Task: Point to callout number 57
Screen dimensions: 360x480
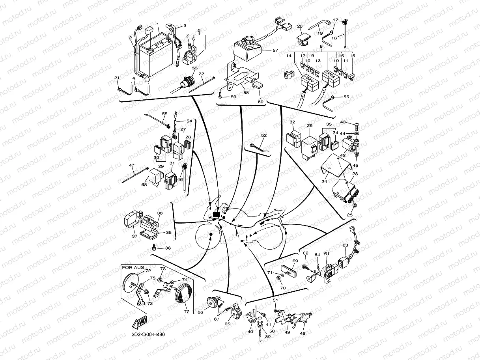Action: pos(275,50)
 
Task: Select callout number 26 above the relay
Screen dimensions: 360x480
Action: pos(310,126)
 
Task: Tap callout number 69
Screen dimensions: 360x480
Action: pos(295,261)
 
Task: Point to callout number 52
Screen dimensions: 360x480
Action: pos(264,136)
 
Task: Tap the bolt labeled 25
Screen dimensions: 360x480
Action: pos(354,206)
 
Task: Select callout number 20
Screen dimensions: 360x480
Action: pos(300,26)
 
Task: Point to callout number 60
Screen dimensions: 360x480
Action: pos(260,102)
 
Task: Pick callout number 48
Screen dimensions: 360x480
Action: pos(303,333)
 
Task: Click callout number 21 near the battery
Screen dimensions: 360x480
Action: pos(117,78)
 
